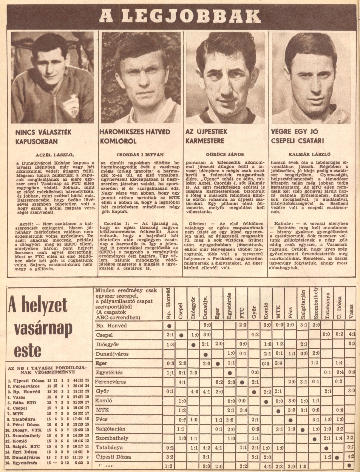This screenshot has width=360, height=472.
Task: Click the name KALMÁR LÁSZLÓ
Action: point(309,154)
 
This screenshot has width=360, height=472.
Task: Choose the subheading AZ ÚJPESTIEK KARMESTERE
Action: point(206,136)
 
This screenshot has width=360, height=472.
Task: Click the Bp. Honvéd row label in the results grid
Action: point(107,326)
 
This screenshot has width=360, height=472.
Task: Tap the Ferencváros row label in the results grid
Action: point(110,382)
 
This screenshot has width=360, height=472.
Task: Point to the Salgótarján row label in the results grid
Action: point(110,428)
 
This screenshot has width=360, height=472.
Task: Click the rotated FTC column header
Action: point(242,313)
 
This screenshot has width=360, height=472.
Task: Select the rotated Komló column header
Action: point(266,310)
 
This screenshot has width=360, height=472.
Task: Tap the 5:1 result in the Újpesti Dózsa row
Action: point(254,457)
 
